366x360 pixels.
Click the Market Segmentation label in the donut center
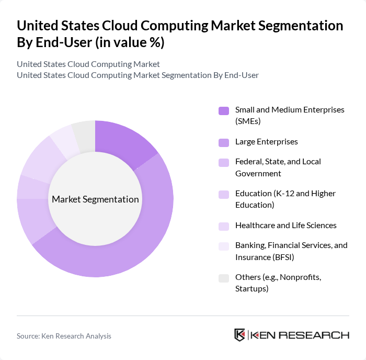[x=95, y=199]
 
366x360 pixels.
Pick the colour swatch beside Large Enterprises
[x=223, y=142]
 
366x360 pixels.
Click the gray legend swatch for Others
[x=223, y=278]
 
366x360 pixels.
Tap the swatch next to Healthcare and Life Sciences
[x=223, y=226]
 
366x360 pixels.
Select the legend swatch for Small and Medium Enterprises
[x=223, y=110]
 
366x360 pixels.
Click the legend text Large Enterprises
[x=266, y=142]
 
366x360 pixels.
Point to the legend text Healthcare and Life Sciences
[x=285, y=226]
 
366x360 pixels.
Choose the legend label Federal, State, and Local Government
[x=278, y=167]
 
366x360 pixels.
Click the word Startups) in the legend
[x=251, y=288]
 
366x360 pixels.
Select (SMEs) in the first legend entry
[x=248, y=121]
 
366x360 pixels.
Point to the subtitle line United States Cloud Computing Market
[x=88, y=64]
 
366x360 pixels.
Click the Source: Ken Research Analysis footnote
[x=64, y=336]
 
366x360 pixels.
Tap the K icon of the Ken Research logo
[x=239, y=335]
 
